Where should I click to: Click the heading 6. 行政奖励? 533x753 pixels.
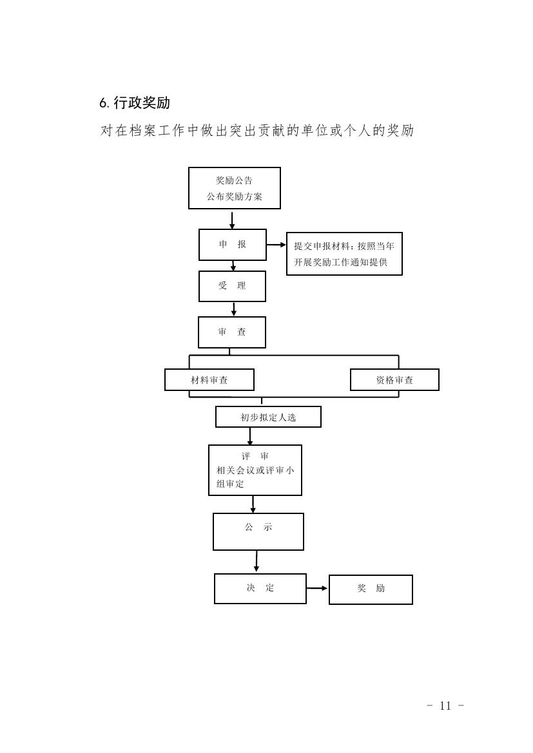(x=135, y=103)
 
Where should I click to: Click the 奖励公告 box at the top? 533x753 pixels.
(x=235, y=188)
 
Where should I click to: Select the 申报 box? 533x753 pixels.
(x=233, y=245)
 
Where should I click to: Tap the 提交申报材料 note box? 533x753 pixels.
(x=344, y=254)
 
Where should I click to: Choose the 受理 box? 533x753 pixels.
(x=232, y=286)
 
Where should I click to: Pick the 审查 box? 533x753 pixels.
(x=231, y=332)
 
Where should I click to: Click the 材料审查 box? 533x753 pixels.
(x=209, y=380)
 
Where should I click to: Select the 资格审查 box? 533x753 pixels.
(x=394, y=380)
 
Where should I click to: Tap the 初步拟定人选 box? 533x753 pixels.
(x=268, y=417)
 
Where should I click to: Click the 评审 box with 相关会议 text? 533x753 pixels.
(x=255, y=470)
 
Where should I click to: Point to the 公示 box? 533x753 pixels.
(x=258, y=531)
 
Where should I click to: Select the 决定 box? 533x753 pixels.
(x=260, y=588)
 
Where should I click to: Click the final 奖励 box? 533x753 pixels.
(x=371, y=589)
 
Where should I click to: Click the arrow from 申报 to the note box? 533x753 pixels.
(x=276, y=245)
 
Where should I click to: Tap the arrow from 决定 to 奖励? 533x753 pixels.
(x=317, y=588)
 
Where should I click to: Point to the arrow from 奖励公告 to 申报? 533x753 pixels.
(x=232, y=220)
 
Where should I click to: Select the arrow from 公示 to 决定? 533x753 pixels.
(x=256, y=562)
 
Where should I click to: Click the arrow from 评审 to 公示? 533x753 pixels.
(x=253, y=504)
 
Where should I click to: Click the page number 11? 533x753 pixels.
(x=445, y=705)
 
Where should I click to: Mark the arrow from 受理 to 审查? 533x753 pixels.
(x=233, y=309)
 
